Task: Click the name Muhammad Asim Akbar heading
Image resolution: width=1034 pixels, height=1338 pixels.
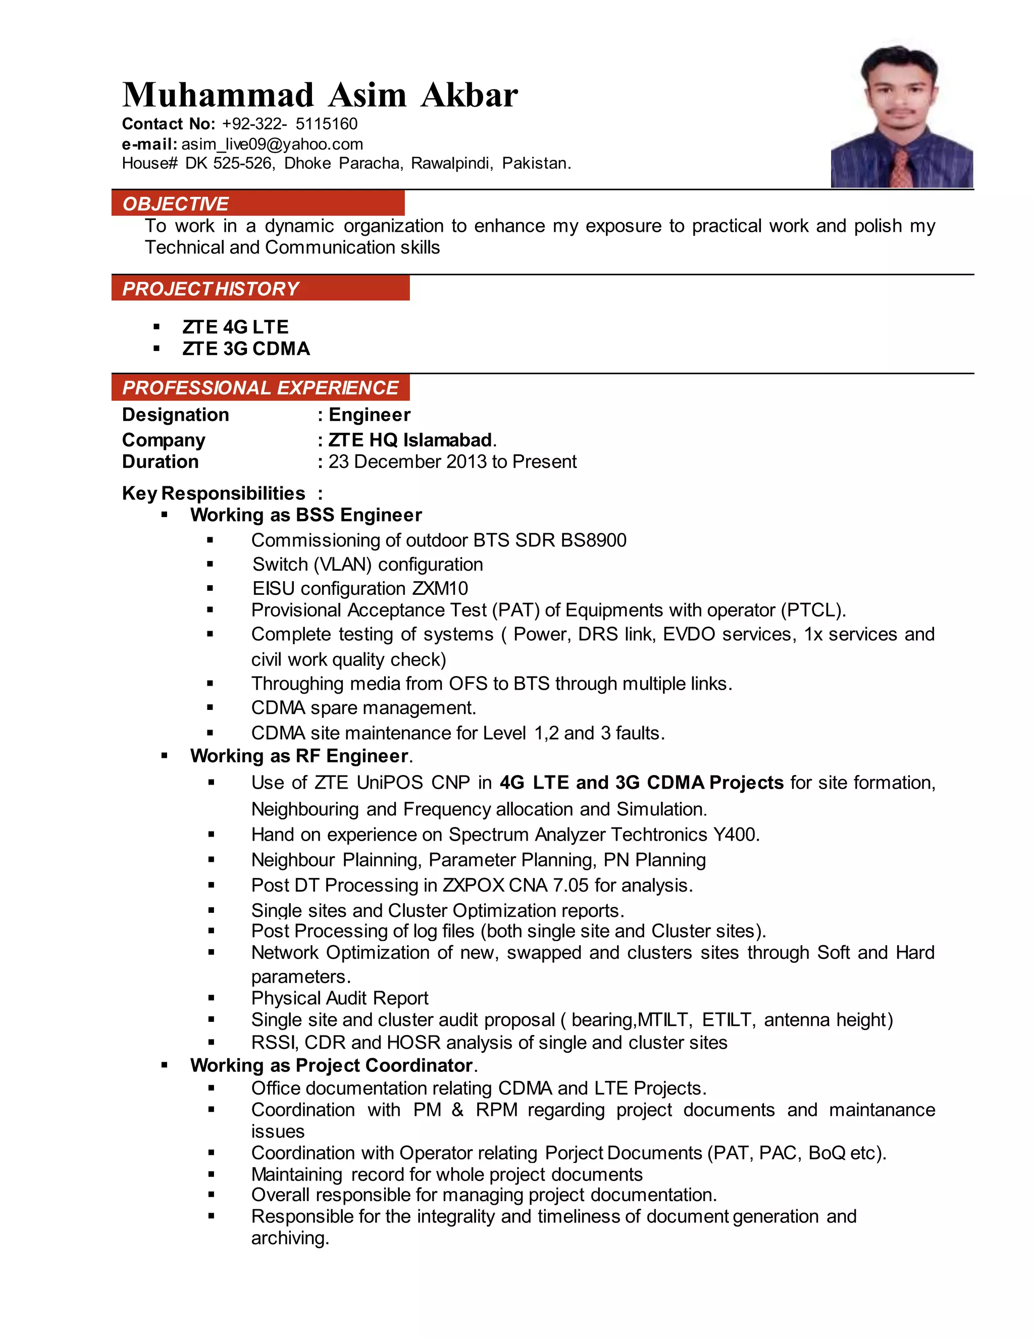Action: [x=320, y=95]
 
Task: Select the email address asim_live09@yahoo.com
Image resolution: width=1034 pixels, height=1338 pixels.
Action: [x=272, y=144]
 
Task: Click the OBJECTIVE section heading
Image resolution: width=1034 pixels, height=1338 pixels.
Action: [x=175, y=203]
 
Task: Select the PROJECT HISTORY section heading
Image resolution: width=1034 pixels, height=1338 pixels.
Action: [x=210, y=288]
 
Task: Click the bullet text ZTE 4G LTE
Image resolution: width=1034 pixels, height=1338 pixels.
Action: [x=235, y=327]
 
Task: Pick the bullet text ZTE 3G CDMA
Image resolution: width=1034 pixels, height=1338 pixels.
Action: [x=246, y=348]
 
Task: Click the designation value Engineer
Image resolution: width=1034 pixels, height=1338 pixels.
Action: [x=370, y=415]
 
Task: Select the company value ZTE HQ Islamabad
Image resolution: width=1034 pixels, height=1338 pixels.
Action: [x=410, y=440]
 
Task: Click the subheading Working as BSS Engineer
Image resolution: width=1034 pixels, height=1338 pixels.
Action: [x=305, y=514]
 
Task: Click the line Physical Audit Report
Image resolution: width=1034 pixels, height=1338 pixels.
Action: [x=339, y=998]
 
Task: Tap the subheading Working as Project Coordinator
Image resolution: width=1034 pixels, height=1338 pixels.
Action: [x=331, y=1065]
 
